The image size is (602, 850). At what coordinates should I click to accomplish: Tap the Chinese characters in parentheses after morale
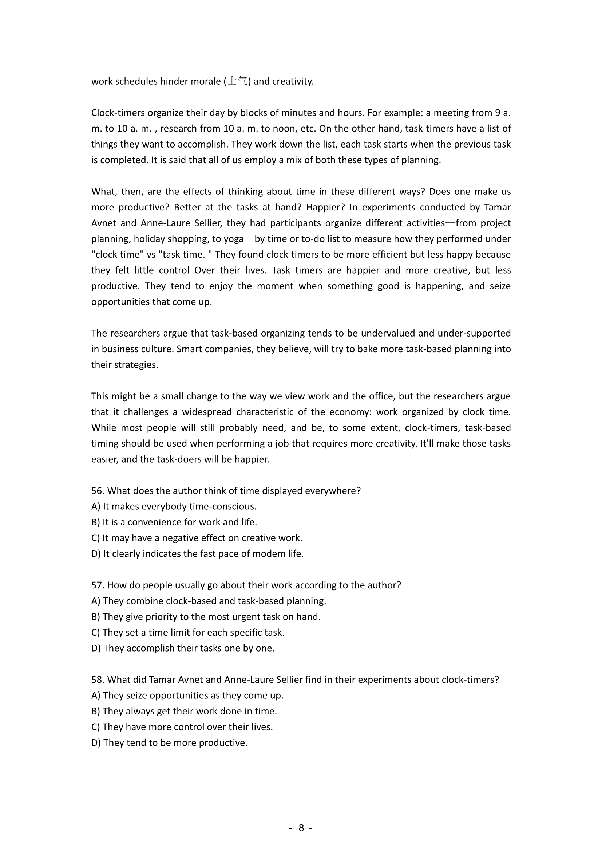click(x=238, y=81)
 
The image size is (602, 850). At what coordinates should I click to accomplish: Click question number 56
click(x=98, y=491)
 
